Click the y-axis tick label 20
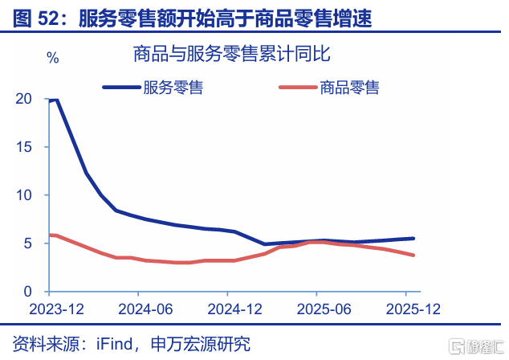click(24, 99)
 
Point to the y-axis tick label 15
click(24, 147)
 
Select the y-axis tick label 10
click(24, 195)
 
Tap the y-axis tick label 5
click(28, 243)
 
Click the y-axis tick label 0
click(28, 292)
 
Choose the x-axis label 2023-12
click(56, 309)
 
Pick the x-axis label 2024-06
click(145, 309)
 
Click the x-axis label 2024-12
click(234, 309)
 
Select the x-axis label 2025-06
click(324, 309)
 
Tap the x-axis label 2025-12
click(413, 309)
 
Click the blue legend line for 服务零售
click(122, 88)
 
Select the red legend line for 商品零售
click(298, 87)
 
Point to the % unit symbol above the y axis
click(53, 58)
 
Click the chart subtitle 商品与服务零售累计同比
click(232, 54)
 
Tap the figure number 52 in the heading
click(47, 18)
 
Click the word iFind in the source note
click(114, 344)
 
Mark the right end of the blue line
click(413, 239)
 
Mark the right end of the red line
click(413, 255)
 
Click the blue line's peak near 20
click(57, 100)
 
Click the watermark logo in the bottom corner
click(476, 346)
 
